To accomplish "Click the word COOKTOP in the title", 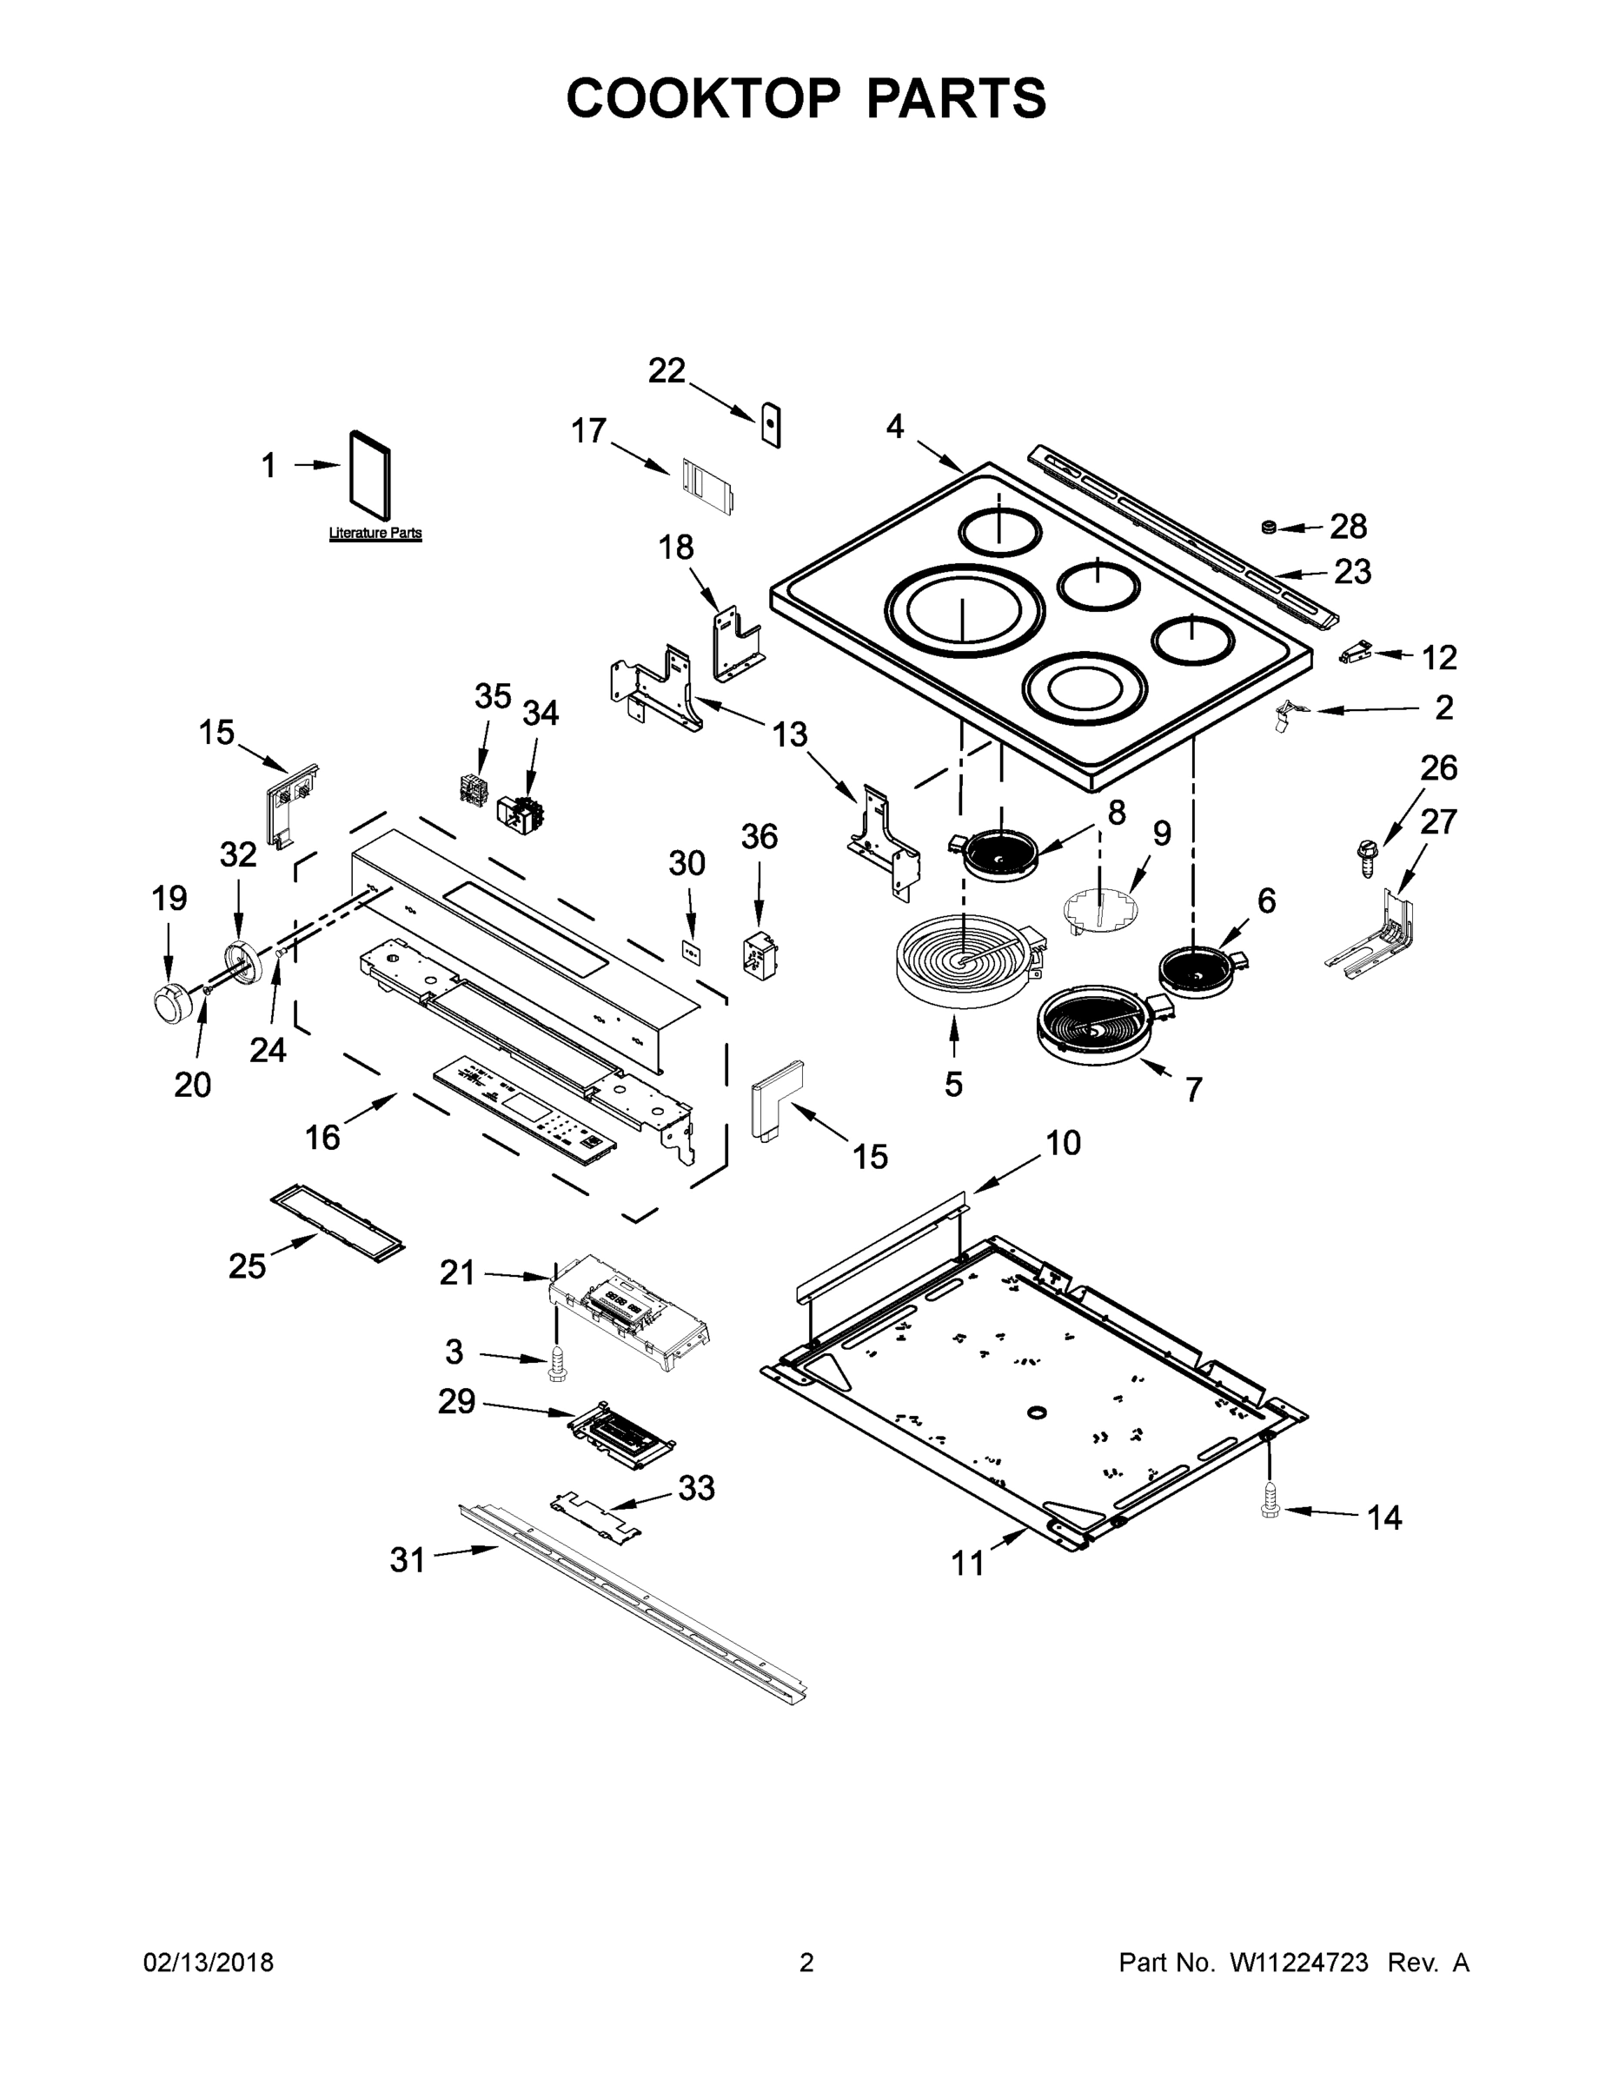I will (x=704, y=97).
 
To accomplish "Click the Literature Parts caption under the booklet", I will (x=375, y=533).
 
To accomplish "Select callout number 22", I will (x=667, y=370).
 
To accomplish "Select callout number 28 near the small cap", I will (x=1349, y=526).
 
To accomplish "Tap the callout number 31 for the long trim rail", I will (x=407, y=1560).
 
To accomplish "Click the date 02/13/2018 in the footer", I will (x=209, y=1963).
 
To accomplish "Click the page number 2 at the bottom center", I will (x=806, y=1963).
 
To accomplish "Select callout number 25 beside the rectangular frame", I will (x=247, y=1266).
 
